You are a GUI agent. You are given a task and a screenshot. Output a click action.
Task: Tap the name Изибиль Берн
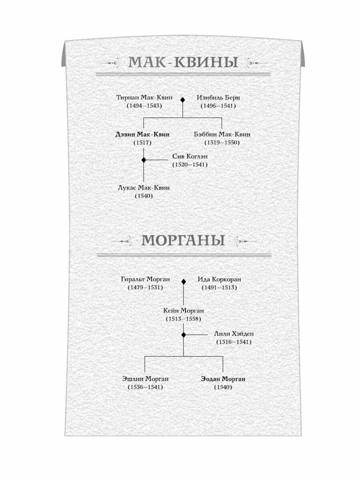(218, 97)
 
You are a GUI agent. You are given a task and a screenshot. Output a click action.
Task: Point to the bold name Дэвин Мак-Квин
(142, 134)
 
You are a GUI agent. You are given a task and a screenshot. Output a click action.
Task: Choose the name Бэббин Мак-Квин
(222, 134)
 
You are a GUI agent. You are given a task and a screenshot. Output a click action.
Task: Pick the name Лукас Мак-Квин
(144, 188)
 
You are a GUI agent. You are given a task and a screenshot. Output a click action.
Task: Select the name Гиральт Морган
(146, 279)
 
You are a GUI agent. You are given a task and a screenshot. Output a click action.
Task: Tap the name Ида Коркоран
(219, 279)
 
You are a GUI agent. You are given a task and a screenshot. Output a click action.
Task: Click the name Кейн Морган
(184, 310)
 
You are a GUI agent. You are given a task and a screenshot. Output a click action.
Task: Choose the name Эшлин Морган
(146, 379)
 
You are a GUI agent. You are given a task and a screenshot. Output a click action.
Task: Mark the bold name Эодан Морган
(223, 379)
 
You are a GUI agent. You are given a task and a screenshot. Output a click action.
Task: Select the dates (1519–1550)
(222, 142)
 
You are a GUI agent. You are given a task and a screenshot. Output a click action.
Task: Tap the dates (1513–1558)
(184, 319)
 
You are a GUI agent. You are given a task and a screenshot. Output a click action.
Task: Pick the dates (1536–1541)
(146, 387)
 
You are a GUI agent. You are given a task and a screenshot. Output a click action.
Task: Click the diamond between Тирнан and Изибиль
(182, 100)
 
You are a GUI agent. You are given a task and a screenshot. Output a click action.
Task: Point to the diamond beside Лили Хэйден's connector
(184, 334)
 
